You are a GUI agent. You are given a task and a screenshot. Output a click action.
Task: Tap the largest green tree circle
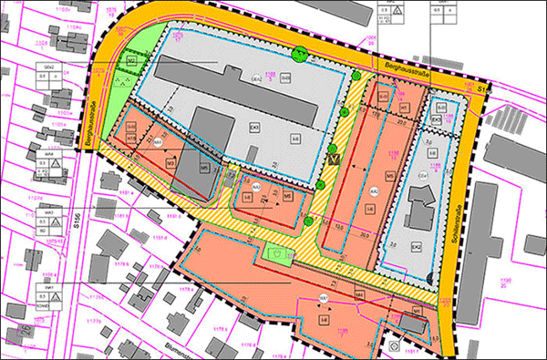coord(296,53)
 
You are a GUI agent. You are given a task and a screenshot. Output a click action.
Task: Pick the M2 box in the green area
coord(132,61)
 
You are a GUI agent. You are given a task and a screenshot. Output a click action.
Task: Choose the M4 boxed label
coord(360,294)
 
